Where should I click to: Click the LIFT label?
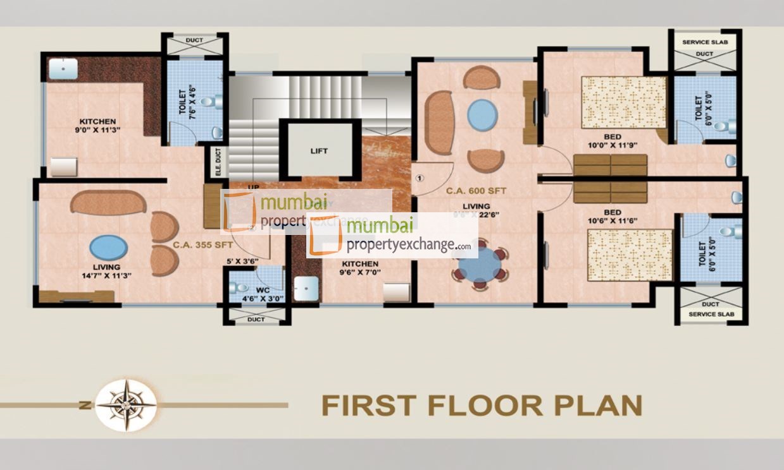(319, 152)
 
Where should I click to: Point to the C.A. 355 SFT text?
(202, 244)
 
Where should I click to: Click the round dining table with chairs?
(479, 264)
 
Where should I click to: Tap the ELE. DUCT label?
(218, 162)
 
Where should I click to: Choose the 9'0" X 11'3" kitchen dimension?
(97, 130)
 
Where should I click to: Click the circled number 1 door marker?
(419, 178)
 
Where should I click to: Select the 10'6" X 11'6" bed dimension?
(612, 221)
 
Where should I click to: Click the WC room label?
(263, 291)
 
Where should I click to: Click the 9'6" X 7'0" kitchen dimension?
(359, 273)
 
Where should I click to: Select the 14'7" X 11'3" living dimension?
(106, 275)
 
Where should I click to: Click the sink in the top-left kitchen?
(63, 69)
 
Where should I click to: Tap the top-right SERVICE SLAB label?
(706, 42)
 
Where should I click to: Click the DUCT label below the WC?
(256, 320)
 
